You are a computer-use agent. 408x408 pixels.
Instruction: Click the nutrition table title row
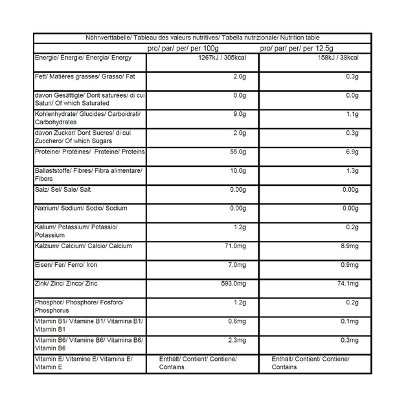[x=203, y=38]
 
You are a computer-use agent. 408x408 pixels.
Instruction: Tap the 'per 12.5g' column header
[x=297, y=49]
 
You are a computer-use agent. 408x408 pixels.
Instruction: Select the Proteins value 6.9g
[x=352, y=152]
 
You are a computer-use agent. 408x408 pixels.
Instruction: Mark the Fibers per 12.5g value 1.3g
[x=352, y=170]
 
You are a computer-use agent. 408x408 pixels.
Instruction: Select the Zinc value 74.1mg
[x=349, y=284]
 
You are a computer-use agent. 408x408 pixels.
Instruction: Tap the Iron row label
[x=66, y=264]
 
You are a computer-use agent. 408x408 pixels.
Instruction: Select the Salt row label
[x=58, y=189]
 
